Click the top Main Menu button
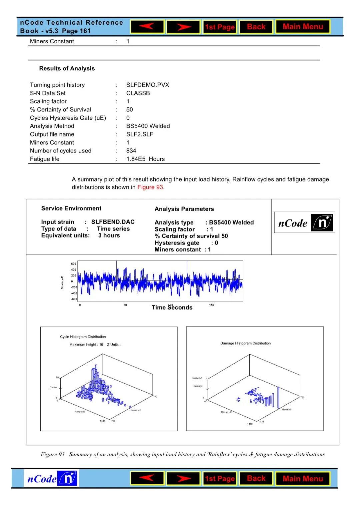[x=303, y=27]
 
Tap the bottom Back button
[x=256, y=479]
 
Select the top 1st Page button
[x=220, y=27]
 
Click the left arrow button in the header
[x=147, y=27]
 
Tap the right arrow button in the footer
[x=183, y=479]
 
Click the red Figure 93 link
[x=150, y=187]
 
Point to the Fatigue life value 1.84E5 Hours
[x=145, y=159]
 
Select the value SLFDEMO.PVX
[x=148, y=85]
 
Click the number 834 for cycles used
[x=131, y=151]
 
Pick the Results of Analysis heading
[x=67, y=68]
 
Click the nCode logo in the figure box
[x=305, y=222]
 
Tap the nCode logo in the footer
[x=51, y=479]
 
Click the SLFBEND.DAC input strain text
[x=113, y=222]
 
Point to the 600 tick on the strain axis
[x=73, y=264]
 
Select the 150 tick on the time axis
[x=212, y=305]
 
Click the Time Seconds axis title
[x=172, y=308]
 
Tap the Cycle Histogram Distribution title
[x=83, y=337]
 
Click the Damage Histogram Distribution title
[x=245, y=343]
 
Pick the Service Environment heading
[x=71, y=208]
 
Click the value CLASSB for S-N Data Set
[x=138, y=93]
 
